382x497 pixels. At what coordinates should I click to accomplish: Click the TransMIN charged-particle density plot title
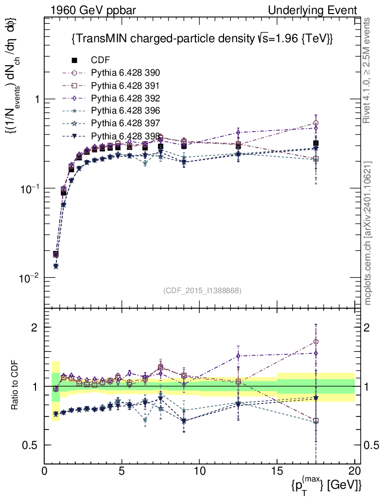(202, 38)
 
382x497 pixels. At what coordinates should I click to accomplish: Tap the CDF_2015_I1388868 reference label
(202, 290)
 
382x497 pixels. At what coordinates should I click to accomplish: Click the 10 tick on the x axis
(199, 471)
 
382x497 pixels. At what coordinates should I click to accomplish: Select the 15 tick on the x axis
(277, 471)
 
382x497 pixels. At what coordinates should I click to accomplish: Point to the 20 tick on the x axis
(354, 471)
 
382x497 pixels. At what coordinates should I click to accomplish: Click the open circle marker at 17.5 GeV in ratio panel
(316, 342)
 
